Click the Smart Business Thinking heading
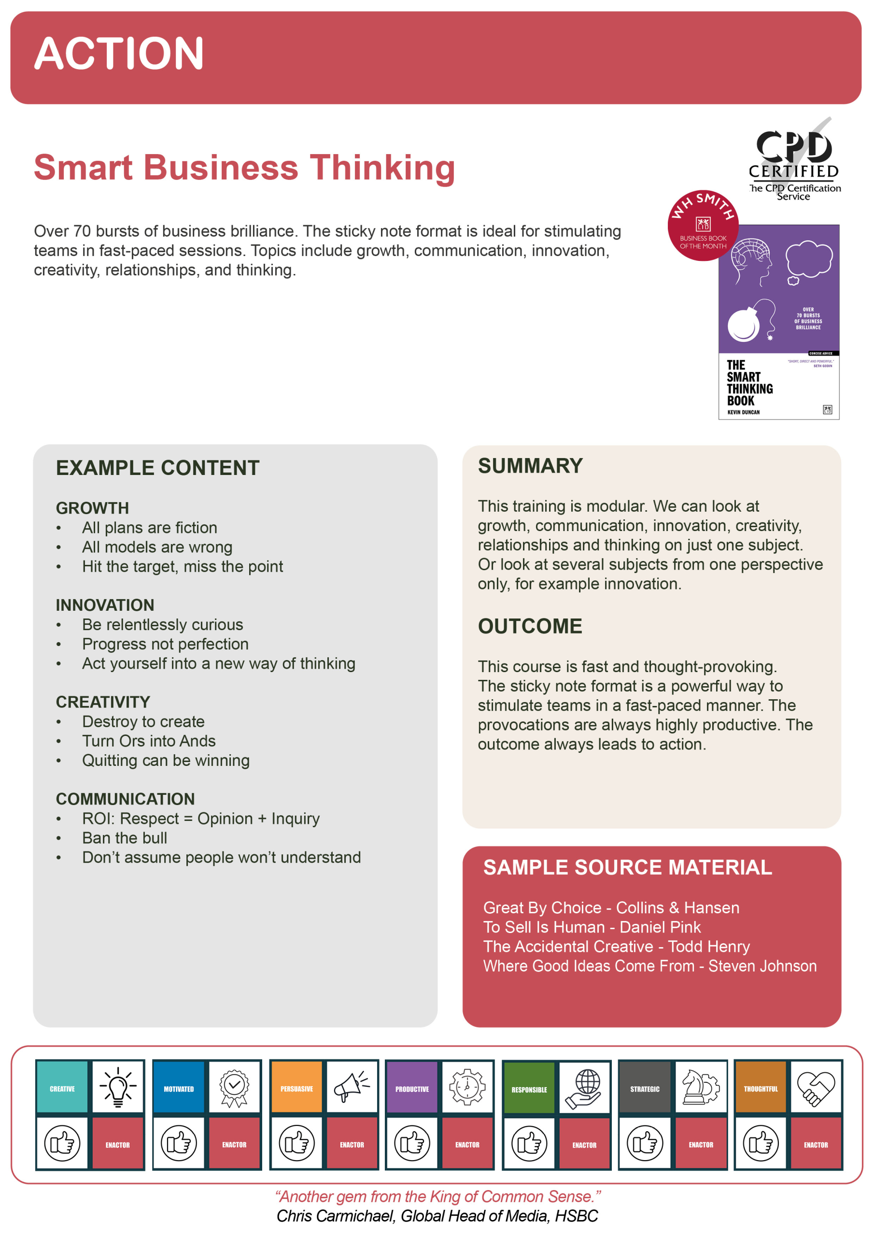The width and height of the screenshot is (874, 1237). pos(244,167)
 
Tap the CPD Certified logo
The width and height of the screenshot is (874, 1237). pos(794,159)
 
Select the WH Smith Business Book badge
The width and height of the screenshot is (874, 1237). pos(702,225)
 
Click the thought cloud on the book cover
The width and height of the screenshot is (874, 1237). pos(808,260)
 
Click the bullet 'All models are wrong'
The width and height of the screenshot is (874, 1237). pos(157,547)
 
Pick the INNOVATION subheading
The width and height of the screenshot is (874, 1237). pos(105,605)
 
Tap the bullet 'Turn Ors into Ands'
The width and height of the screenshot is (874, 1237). pos(149,741)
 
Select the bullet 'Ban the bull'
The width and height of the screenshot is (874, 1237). pos(125,838)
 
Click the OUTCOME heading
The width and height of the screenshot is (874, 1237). pos(530,626)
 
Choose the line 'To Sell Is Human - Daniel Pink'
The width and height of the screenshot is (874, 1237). pos(592,927)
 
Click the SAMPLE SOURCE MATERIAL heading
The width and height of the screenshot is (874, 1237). pos(627,868)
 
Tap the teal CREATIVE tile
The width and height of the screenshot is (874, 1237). pos(62,1089)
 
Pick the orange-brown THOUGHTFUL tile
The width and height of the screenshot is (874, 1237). pos(761,1089)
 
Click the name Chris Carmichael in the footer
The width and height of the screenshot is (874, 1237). pos(336,1217)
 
